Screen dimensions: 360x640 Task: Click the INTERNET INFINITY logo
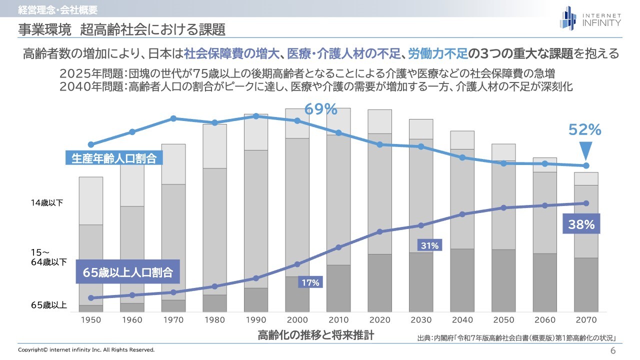[x=590, y=18]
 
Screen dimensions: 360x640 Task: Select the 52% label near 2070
[x=585, y=130]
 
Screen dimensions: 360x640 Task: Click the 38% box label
[x=581, y=224]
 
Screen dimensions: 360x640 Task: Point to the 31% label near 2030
[x=429, y=245]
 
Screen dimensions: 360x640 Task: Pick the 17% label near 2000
[x=310, y=282]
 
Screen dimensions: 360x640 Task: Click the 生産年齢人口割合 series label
[x=114, y=158]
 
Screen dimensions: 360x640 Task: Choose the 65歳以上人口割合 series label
[x=127, y=272]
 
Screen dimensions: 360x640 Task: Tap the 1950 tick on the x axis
[x=90, y=320]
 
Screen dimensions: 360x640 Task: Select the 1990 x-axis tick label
[x=255, y=320]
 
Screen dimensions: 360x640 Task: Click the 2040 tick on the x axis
[x=462, y=320]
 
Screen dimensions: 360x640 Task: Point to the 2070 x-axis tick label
[x=586, y=320]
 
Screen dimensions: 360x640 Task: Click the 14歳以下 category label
[x=48, y=203]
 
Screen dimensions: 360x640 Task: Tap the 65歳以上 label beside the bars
[x=48, y=305]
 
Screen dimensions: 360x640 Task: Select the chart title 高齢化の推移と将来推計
[x=315, y=334]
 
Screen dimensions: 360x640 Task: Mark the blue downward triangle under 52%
[x=586, y=150]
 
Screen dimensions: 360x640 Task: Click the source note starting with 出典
[x=515, y=338]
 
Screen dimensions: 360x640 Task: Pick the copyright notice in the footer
[x=86, y=349]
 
